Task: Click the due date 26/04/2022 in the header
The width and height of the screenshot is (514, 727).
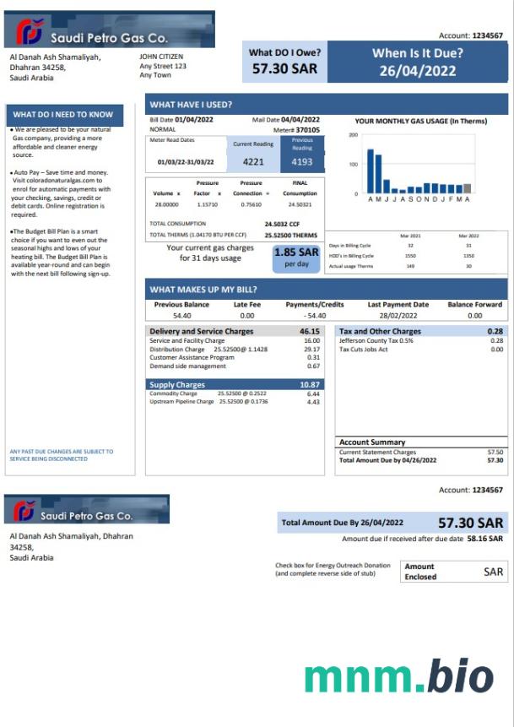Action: click(417, 70)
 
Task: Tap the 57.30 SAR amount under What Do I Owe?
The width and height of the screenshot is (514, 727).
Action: click(284, 69)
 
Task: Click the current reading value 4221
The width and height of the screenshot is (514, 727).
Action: click(253, 161)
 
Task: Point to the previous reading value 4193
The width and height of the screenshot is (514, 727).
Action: click(302, 161)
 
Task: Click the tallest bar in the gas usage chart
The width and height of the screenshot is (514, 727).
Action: click(370, 171)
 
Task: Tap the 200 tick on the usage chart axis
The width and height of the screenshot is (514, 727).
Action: click(353, 135)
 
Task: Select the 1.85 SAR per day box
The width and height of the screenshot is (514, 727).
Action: click(296, 257)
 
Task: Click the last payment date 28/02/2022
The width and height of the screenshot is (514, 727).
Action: click(398, 316)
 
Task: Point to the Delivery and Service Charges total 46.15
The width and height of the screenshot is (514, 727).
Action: click(309, 332)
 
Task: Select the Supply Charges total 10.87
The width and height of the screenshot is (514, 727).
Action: click(309, 385)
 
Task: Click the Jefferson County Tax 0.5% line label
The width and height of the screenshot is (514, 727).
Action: click(376, 341)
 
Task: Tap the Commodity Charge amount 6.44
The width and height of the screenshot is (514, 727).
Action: click(313, 394)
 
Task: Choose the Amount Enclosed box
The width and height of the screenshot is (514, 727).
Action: click(454, 572)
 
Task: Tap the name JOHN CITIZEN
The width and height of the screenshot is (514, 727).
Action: click(161, 57)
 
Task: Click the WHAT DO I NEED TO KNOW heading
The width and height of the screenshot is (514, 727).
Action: click(63, 115)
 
